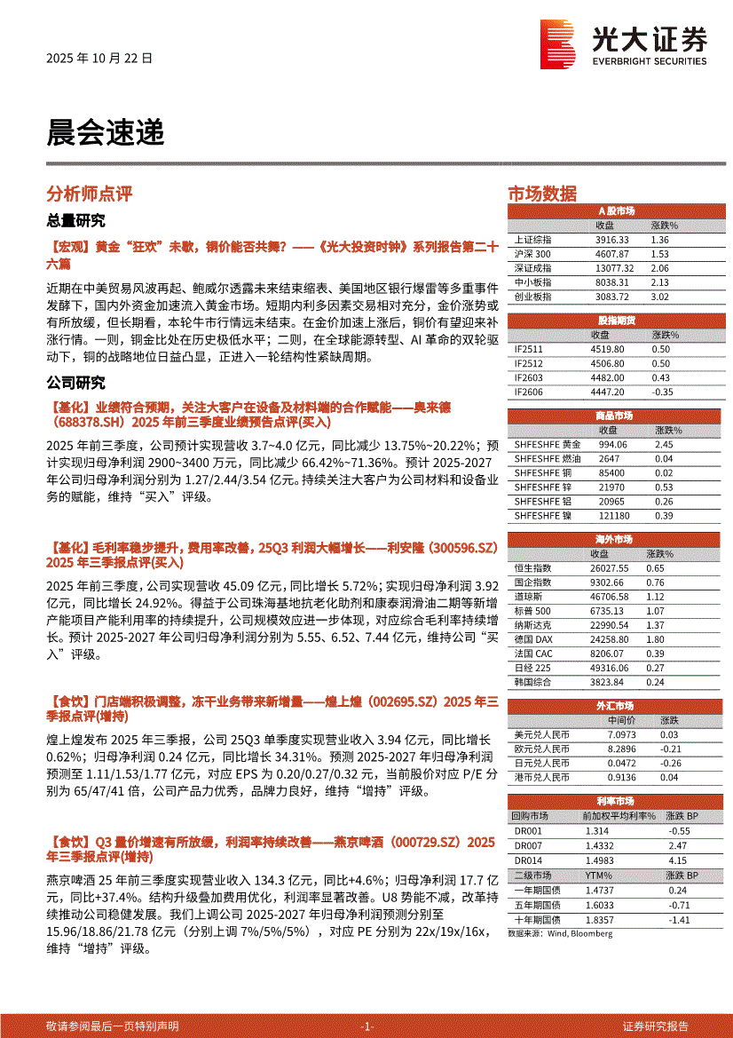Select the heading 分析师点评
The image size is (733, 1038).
89,194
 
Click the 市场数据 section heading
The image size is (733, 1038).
541,194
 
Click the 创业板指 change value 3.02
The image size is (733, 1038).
659,297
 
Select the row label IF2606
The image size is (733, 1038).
529,392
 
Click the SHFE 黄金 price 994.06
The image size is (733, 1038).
611,444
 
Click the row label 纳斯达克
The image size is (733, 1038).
532,625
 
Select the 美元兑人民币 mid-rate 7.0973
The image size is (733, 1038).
621,734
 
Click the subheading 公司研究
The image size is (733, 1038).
75,384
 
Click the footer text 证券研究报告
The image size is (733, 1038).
656,1026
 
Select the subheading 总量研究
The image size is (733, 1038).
75,220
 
